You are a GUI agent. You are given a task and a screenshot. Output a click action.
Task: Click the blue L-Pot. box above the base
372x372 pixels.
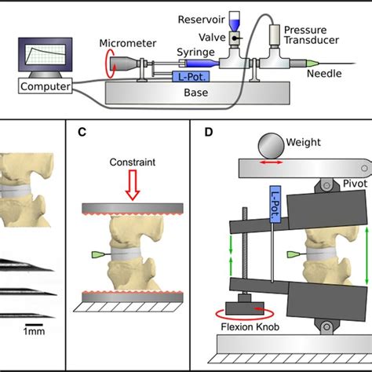click(x=191, y=76)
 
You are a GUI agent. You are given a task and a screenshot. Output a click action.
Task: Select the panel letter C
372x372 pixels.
click(x=82, y=131)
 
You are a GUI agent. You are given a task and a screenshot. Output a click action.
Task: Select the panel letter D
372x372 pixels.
click(x=208, y=131)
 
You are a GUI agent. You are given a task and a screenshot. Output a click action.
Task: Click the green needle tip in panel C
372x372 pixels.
click(x=98, y=255)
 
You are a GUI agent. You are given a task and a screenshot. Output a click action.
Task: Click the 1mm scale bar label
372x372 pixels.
click(x=34, y=332)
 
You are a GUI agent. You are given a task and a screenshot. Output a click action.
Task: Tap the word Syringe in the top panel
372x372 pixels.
click(x=196, y=50)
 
